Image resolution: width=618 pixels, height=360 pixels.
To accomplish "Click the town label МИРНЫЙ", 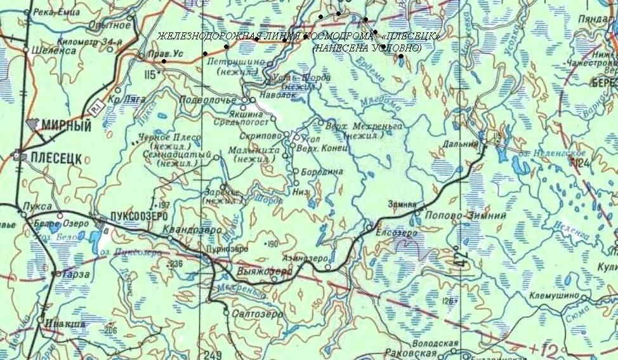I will pyautogui.click(x=66, y=126).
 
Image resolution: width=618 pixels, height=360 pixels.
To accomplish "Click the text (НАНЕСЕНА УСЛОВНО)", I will pyautogui.click(x=367, y=48).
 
